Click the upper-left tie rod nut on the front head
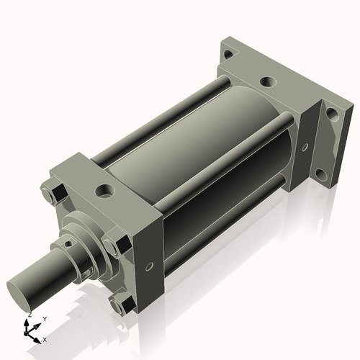[x=53, y=194]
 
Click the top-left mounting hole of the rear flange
[x=228, y=55]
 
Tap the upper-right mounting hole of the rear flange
[x=332, y=112]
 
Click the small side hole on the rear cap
[x=305, y=148]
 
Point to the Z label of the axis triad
[x=29, y=315]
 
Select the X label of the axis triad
[x=45, y=338]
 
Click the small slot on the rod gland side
[x=86, y=274]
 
